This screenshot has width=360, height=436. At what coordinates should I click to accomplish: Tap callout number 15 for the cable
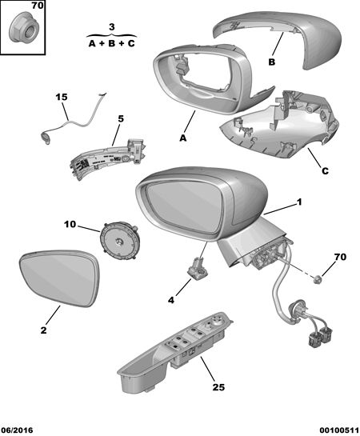tap(62, 97)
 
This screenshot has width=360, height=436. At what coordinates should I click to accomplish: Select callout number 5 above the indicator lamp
tap(121, 118)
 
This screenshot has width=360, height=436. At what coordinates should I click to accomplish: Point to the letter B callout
tap(271, 62)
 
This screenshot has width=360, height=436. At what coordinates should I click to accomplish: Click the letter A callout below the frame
tap(182, 138)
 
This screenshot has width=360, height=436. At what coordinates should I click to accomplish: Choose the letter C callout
tap(325, 170)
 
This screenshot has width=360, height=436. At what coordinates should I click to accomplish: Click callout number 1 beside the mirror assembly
tap(299, 202)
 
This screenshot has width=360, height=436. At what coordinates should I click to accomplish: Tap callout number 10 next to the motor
tap(70, 224)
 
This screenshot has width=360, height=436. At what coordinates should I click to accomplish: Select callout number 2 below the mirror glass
tap(44, 330)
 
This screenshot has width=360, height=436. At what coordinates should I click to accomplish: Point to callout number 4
tap(171, 300)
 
